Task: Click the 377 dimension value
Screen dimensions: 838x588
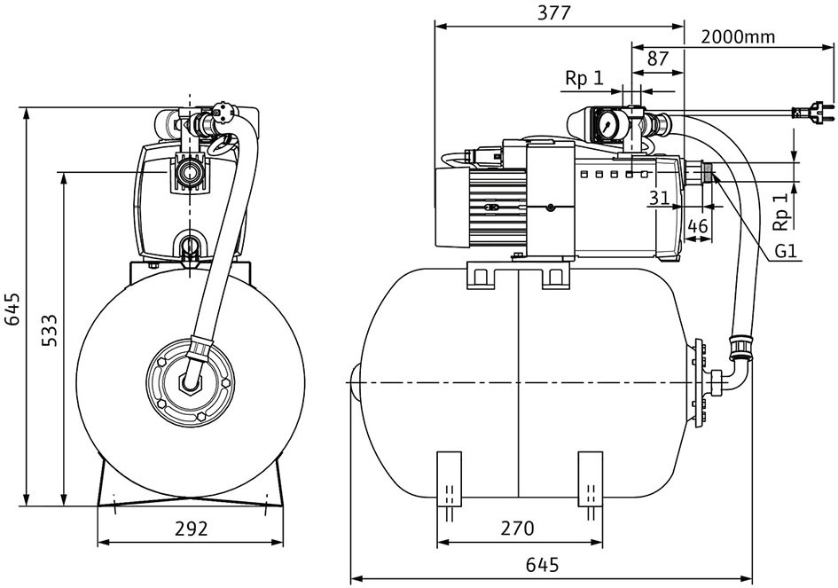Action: point(554,12)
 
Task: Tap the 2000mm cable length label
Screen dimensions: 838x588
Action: point(738,36)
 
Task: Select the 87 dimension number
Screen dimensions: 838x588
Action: point(657,59)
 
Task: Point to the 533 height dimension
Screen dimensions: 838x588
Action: point(49,330)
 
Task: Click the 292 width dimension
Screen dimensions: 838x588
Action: point(191,529)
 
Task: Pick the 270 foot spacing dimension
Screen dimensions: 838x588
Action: point(517,528)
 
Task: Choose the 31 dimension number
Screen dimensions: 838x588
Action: point(660,199)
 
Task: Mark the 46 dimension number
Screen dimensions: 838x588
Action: point(697,226)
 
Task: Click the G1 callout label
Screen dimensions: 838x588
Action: point(787,251)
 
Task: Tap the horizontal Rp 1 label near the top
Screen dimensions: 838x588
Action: point(584,79)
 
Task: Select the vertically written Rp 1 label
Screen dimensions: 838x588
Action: point(781,211)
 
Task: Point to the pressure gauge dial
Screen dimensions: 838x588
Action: point(607,126)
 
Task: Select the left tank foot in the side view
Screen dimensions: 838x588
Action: point(449,479)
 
